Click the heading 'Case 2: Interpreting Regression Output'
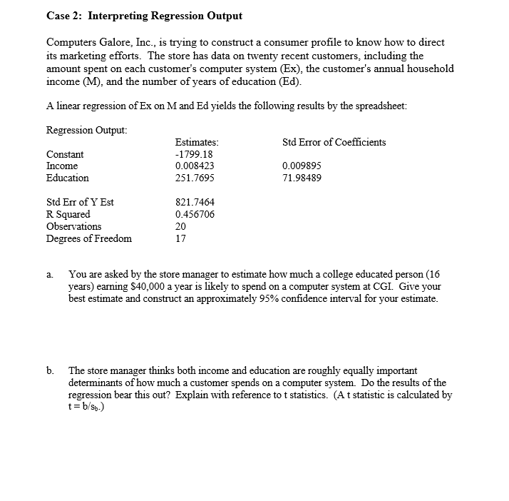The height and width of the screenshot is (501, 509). tap(144, 15)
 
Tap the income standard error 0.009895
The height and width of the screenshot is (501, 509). tap(302, 166)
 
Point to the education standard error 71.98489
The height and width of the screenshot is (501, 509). tap(302, 178)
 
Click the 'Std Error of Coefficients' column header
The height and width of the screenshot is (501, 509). tap(334, 142)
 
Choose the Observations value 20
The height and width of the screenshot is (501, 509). tap(180, 226)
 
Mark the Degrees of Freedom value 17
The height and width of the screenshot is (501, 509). tap(180, 238)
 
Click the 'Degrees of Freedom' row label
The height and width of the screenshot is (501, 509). tap(88, 238)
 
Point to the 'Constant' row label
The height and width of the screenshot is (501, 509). tap(65, 154)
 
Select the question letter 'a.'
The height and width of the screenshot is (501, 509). tap(50, 274)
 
